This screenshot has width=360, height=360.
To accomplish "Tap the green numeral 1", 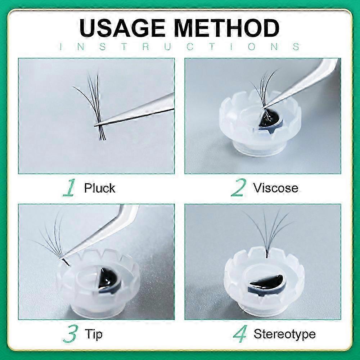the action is (x=69, y=188).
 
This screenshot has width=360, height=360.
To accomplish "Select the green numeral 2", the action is (x=239, y=188).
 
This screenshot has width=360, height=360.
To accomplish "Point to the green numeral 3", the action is (x=70, y=334).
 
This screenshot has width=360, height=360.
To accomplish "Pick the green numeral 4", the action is (x=240, y=334).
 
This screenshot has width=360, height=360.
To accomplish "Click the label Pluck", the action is (x=99, y=188).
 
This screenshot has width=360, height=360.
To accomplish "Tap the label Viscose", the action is (x=276, y=188).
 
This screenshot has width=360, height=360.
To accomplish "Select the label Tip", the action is (x=94, y=334).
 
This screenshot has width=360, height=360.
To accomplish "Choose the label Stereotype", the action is (x=284, y=334).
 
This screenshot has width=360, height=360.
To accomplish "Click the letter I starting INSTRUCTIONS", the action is (x=61, y=47).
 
